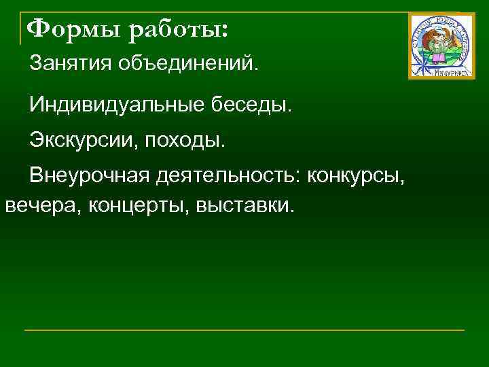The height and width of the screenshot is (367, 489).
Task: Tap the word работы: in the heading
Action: tap(179, 31)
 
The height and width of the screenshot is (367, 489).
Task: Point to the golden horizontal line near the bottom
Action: tap(244, 330)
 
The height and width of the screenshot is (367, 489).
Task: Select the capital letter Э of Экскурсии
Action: tap(35, 142)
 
